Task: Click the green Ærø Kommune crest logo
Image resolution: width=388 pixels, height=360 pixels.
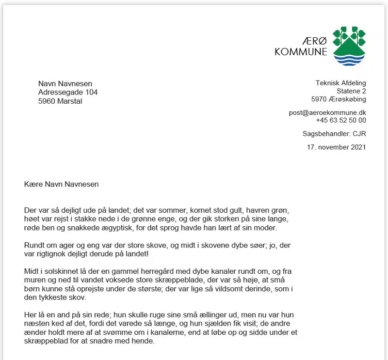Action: coord(349,46)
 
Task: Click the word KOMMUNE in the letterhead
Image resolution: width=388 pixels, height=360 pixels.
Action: coord(301,52)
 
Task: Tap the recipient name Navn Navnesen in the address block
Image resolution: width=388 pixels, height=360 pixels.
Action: coord(65,84)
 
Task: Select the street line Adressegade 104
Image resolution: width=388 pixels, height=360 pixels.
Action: coord(68,93)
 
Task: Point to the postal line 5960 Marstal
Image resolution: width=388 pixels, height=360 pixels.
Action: coord(60,101)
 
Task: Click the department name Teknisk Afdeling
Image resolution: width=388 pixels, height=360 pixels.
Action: coord(340,83)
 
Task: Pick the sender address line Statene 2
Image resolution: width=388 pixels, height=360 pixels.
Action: coord(351,91)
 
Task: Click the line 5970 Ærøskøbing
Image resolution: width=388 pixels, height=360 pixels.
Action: coord(339,99)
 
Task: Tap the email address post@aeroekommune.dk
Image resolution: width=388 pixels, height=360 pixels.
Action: coord(327,112)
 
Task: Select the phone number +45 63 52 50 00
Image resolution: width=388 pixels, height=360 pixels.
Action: coord(341,120)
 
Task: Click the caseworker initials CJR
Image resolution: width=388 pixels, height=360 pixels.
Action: coord(359,133)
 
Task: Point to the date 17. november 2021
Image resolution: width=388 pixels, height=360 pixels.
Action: coord(336,146)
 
